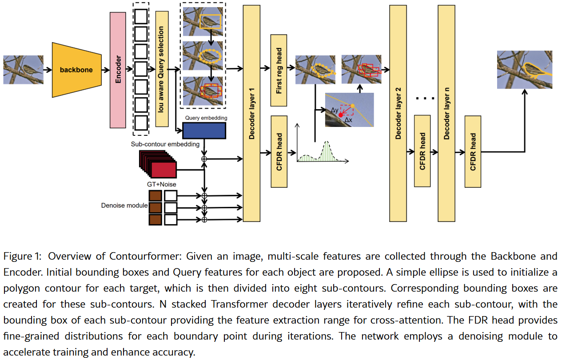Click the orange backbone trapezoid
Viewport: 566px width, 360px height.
pos(76,70)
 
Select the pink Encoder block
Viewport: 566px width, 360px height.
pos(118,70)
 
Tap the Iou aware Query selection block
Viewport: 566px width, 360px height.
pos(162,69)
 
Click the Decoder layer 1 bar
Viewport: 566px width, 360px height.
pos(251,113)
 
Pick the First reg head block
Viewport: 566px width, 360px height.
pos(279,71)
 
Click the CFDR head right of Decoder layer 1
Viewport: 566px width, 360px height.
pos(279,151)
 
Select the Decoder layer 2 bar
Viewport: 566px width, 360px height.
pos(398,113)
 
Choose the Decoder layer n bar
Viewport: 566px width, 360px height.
pos(446,113)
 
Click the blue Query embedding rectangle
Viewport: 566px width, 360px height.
pos(204,131)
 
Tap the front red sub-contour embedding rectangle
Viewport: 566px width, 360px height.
pos(163,170)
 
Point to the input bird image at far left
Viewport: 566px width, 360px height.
pos(23,70)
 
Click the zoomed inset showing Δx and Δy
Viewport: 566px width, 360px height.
pos(349,110)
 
